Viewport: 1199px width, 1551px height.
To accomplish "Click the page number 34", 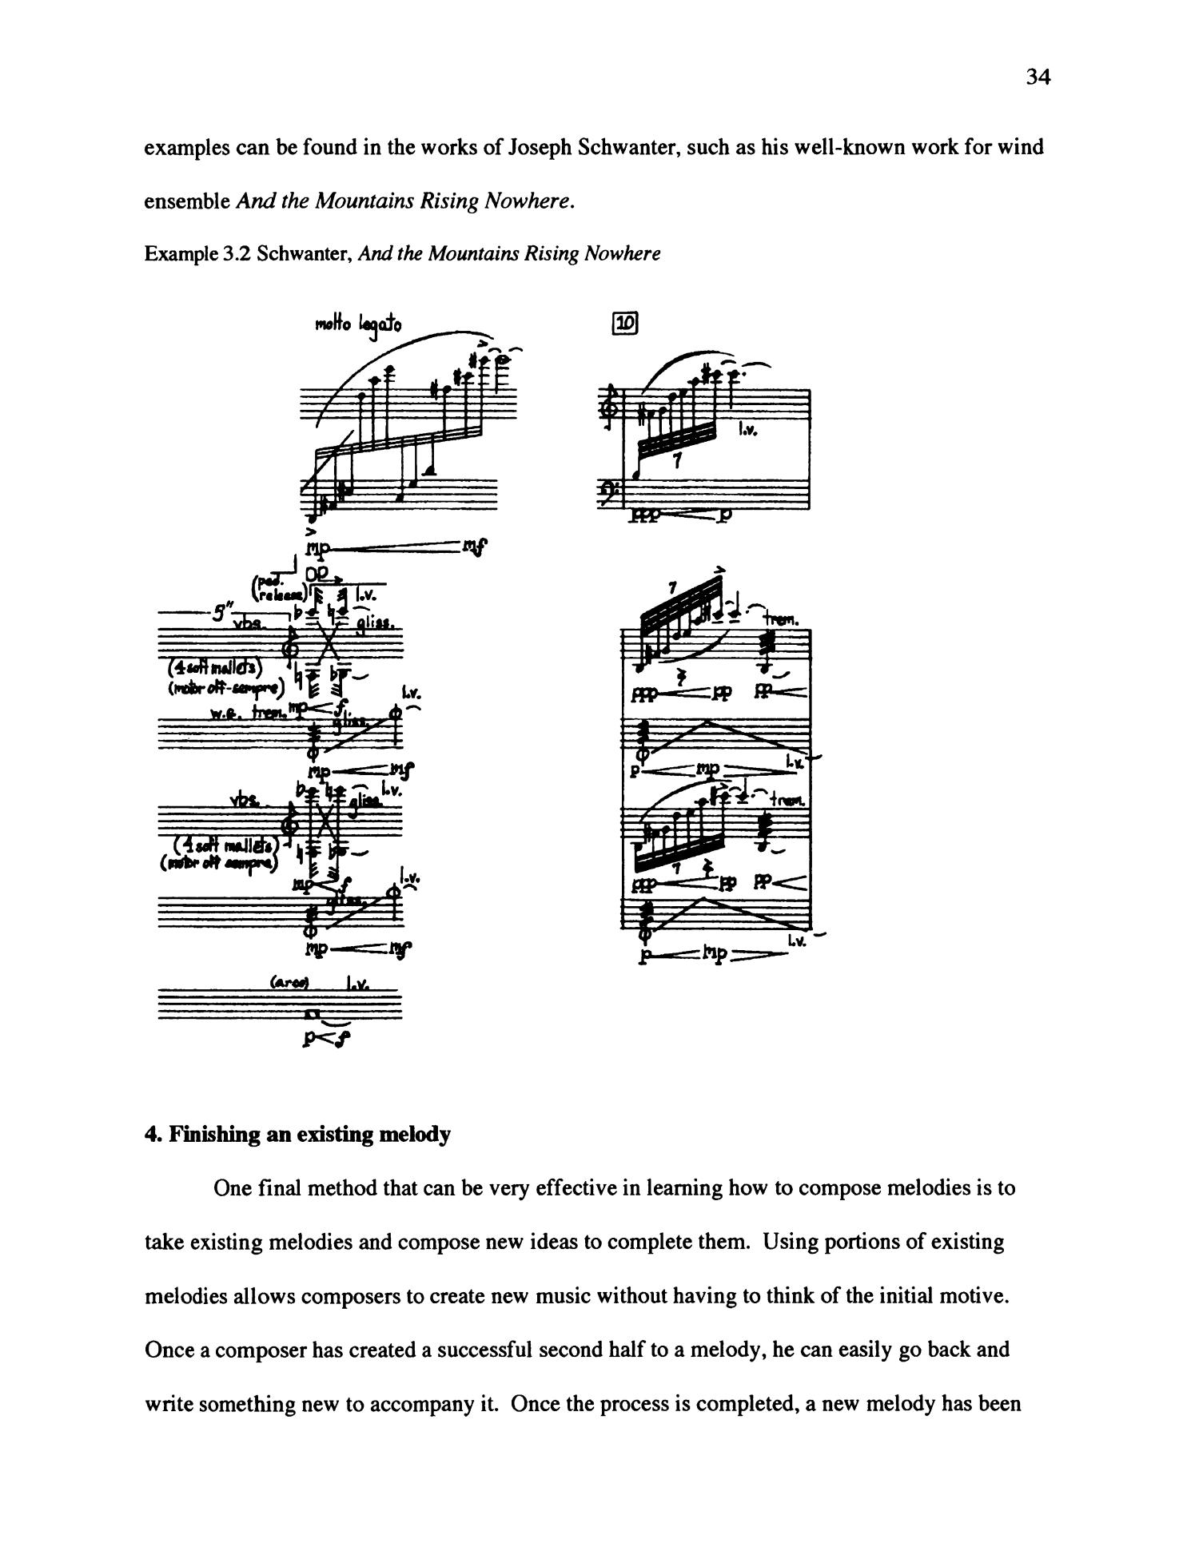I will point(1037,77).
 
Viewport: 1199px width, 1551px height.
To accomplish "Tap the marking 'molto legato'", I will point(359,324).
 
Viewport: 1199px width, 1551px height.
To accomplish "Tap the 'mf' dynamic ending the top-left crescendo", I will point(476,547).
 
